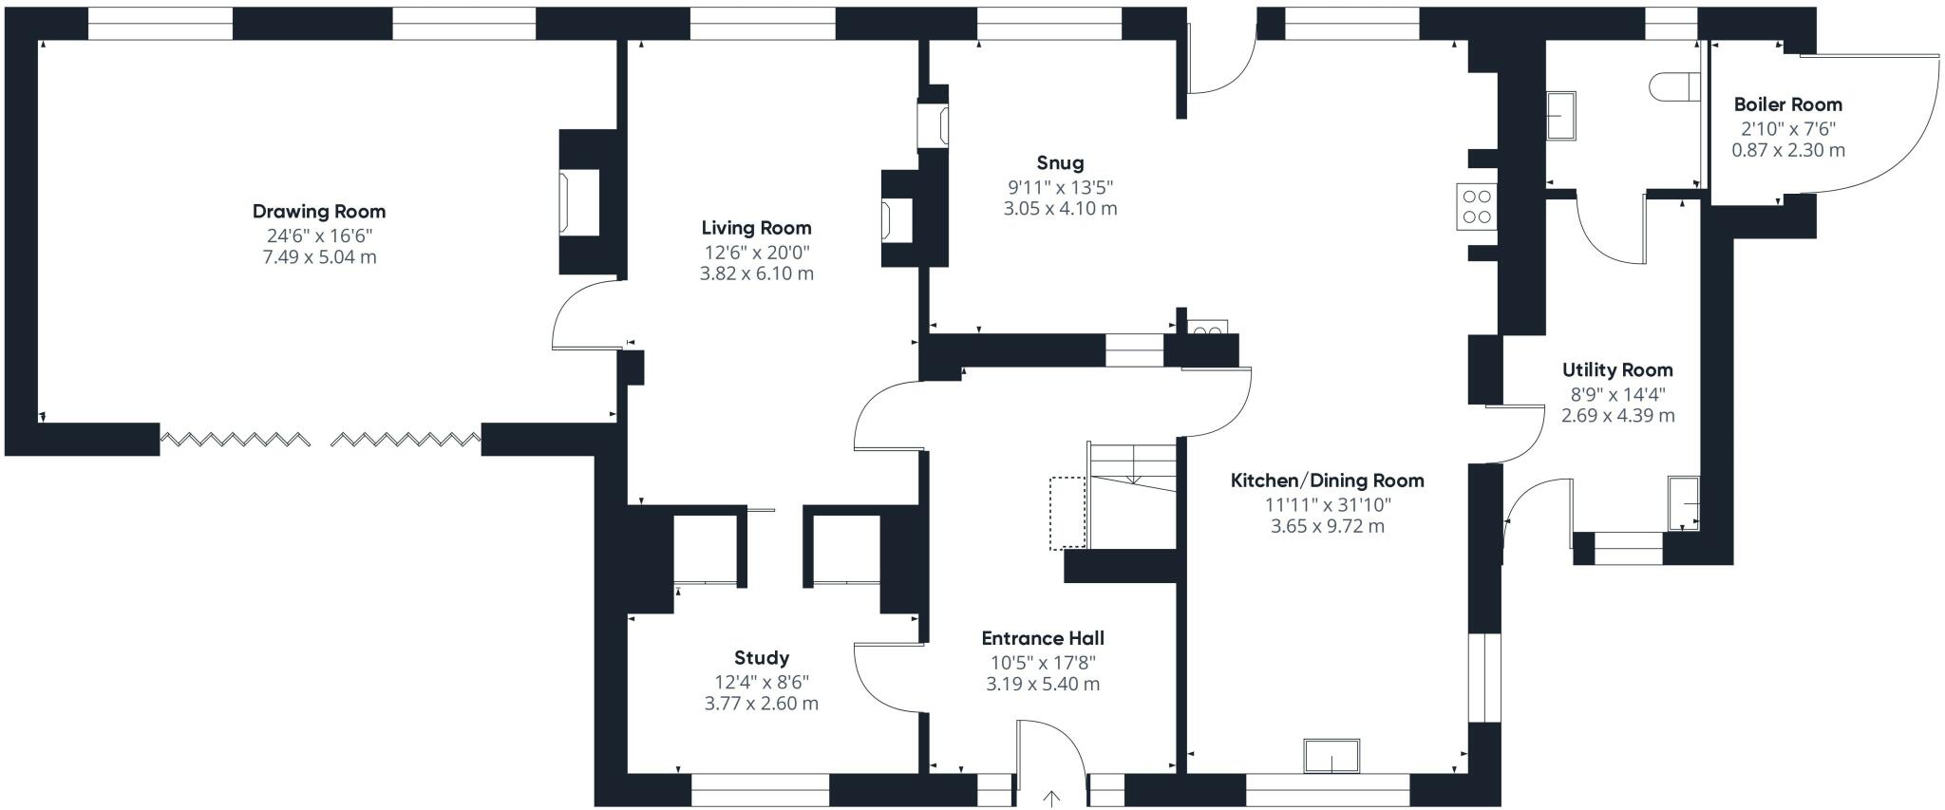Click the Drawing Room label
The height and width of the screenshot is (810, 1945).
point(319,211)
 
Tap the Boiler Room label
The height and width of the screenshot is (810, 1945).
point(1787,104)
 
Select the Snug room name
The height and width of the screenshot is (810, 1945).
point(1060,162)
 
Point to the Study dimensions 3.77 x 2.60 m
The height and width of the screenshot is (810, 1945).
point(761,704)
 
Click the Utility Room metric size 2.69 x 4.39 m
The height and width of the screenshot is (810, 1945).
point(1617,415)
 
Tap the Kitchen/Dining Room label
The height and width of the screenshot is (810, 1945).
point(1327,480)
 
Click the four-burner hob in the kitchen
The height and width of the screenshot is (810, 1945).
point(1476,207)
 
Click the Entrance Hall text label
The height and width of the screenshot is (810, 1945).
point(1042,638)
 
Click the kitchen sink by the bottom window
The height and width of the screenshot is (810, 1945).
point(1331,757)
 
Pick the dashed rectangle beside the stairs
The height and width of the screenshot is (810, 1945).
point(1067,513)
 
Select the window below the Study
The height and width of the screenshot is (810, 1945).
point(760,789)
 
